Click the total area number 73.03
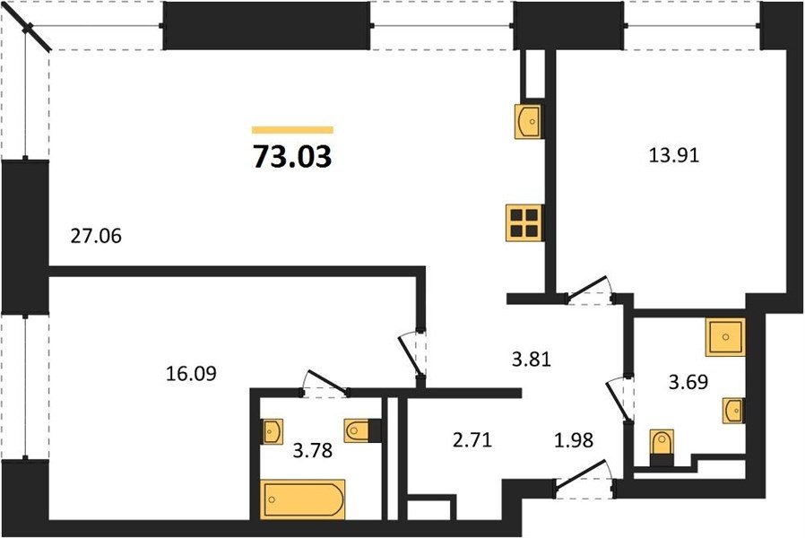tap(292, 157)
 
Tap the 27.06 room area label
tap(96, 236)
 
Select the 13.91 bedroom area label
tap(674, 155)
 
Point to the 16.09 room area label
tap(192, 374)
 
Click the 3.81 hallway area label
tap(532, 360)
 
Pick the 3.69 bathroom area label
tap(688, 382)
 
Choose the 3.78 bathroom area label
tap(313, 451)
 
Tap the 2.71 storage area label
tap(472, 440)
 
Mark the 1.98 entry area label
tap(574, 440)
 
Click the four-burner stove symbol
tap(524, 222)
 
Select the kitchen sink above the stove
tap(528, 121)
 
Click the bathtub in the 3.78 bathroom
tap(303, 499)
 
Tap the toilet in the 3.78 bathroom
tap(362, 430)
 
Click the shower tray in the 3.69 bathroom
tap(725, 337)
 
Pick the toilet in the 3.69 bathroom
tap(661, 447)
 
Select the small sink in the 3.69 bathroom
tap(733, 411)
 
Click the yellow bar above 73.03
tap(292, 130)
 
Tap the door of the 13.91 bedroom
tap(588, 291)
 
